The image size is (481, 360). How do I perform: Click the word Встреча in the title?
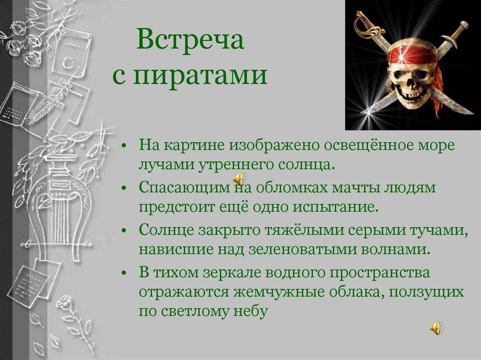(x=190, y=41)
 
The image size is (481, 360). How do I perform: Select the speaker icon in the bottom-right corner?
(x=436, y=328)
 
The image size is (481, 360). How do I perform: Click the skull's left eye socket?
(x=399, y=74)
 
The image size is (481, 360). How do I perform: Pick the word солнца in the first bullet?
(x=307, y=165)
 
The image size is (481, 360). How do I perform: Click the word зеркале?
(x=233, y=273)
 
